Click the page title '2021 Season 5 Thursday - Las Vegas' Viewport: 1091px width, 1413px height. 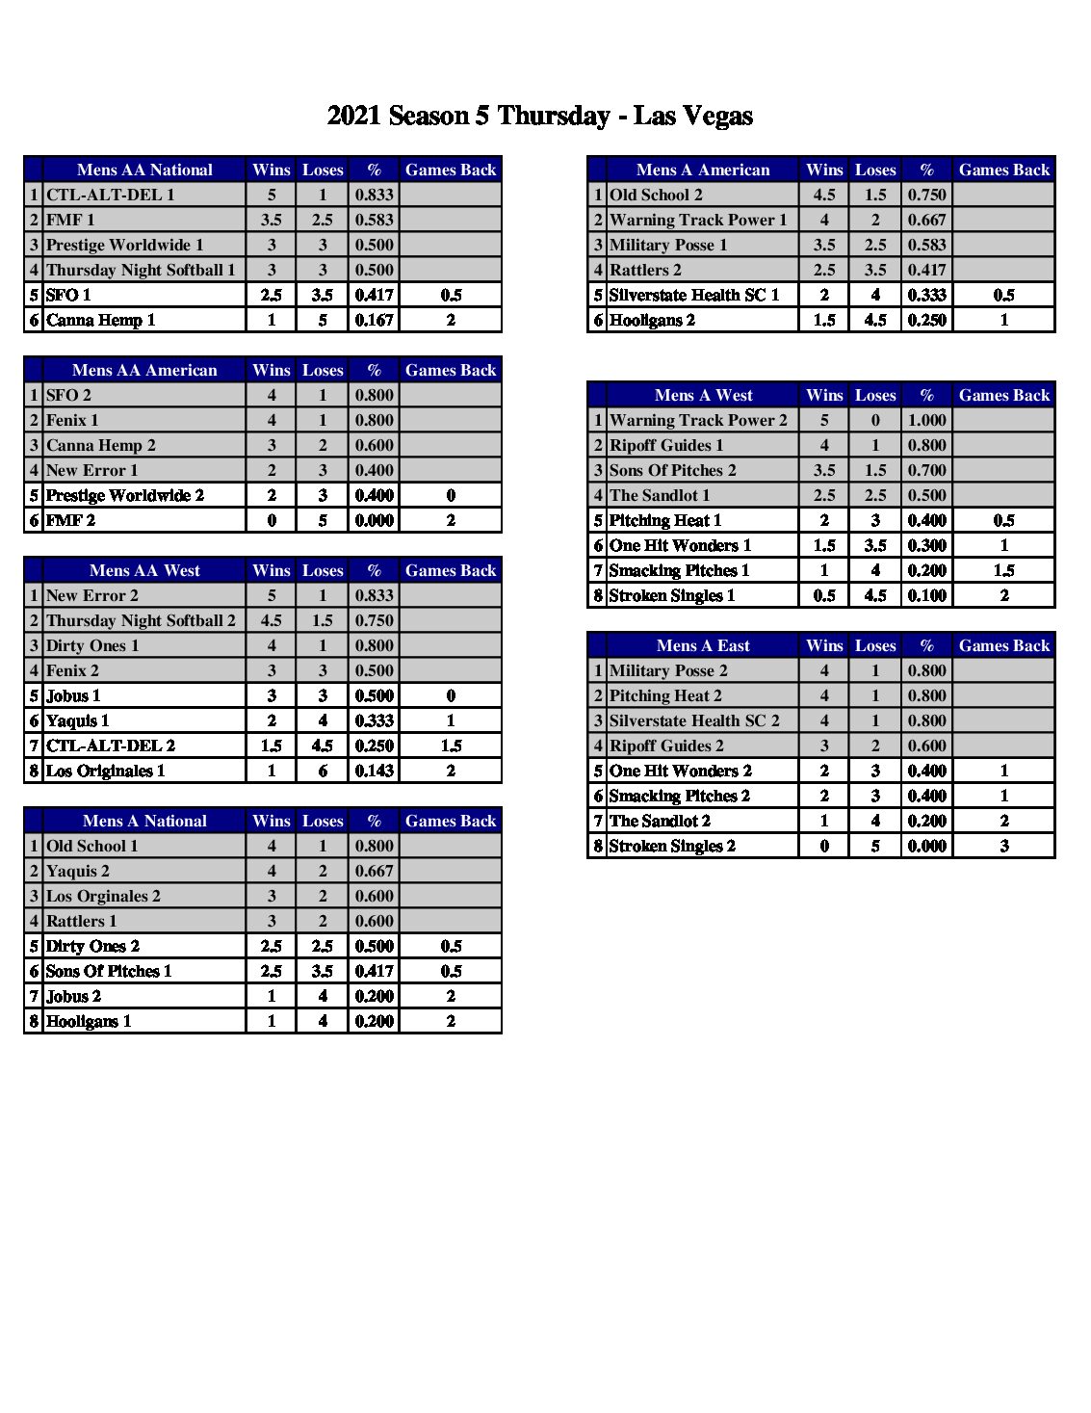pyautogui.click(x=539, y=117)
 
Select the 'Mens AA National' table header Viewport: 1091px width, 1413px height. pyautogui.click(x=144, y=170)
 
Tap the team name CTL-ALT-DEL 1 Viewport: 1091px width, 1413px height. pyautogui.click(x=111, y=195)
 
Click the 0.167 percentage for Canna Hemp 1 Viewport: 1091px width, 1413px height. pyautogui.click(x=374, y=320)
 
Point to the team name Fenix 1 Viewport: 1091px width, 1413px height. pyautogui.click(x=72, y=420)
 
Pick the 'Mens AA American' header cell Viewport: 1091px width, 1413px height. pyautogui.click(x=144, y=370)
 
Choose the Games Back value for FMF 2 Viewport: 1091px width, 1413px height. pyautogui.click(x=451, y=520)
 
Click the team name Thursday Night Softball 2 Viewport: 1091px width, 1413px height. pyautogui.click(x=141, y=620)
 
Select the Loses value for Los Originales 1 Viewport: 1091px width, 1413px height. pyautogui.click(x=323, y=771)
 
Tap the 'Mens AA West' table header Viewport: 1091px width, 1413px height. pyautogui.click(x=144, y=570)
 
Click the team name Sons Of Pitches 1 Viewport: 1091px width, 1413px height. pyautogui.click(x=109, y=971)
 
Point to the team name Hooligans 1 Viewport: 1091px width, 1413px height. pyautogui.click(x=89, y=1021)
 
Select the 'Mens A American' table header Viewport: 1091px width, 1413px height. pyautogui.click(x=703, y=170)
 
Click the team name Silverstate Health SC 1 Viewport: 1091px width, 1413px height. pyautogui.click(x=694, y=295)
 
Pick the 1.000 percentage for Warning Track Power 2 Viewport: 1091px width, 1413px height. pyautogui.click(x=926, y=420)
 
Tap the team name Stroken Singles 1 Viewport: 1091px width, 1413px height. pyautogui.click(x=672, y=595)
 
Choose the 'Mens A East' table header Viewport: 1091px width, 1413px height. pyautogui.click(x=703, y=645)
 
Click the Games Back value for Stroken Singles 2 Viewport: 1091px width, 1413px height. pyautogui.click(x=1003, y=846)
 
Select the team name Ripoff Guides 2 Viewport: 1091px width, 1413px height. pyautogui.click(x=666, y=746)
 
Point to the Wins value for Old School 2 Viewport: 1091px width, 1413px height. pyautogui.click(x=824, y=195)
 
